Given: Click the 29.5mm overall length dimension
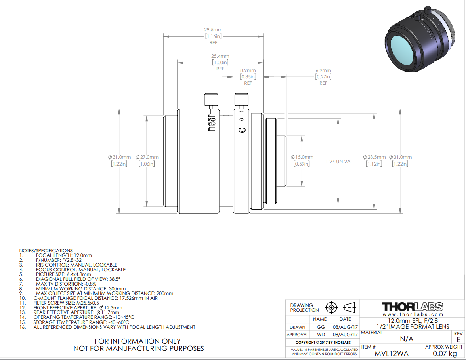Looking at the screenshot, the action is [213, 30].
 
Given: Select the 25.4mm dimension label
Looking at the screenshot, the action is [220, 56].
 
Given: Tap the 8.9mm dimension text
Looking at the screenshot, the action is [248, 70].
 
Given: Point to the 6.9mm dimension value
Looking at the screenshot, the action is [323, 70].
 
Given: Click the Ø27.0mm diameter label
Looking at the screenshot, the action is [147, 157].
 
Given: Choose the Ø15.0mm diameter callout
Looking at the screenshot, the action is [302, 157].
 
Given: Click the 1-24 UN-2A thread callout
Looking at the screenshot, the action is [338, 162].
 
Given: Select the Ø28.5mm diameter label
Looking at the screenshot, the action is [374, 157].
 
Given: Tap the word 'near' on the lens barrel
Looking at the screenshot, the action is [212, 123].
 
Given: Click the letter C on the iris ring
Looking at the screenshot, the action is [242, 130].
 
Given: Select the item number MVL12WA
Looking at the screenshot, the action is [392, 353].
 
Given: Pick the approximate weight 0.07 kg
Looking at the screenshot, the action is [445, 353].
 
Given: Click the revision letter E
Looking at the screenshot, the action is [458, 340].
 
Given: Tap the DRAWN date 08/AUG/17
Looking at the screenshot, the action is [345, 327].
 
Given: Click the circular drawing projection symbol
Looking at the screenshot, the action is [331, 307].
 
